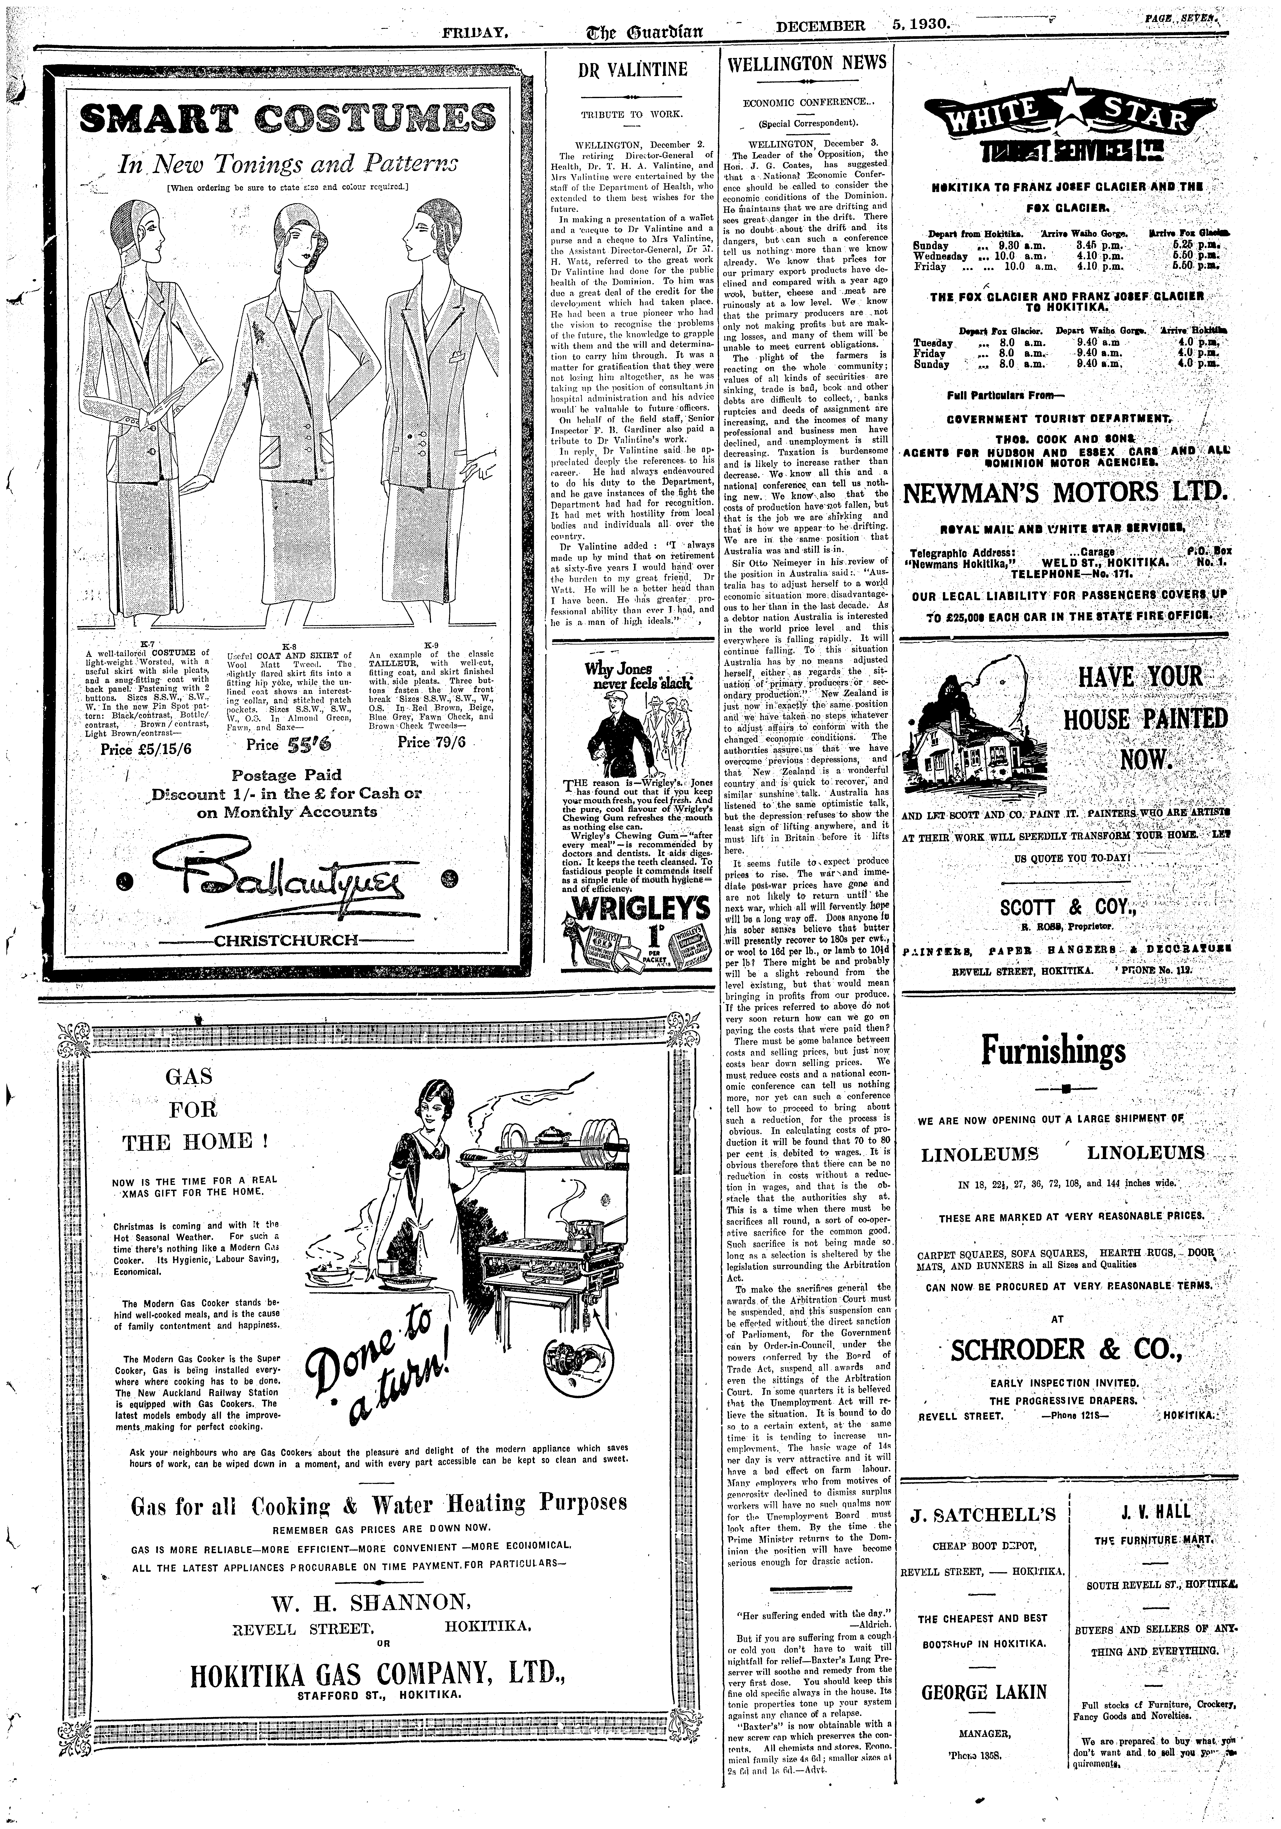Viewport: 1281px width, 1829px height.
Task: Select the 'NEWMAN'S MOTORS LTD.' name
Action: coord(1066,492)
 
